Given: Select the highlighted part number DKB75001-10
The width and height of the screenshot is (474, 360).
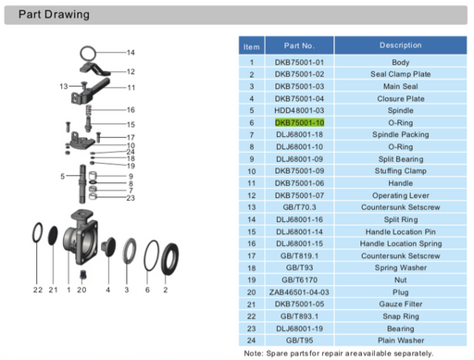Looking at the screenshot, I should click(x=299, y=122).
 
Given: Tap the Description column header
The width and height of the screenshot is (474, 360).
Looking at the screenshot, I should click(x=400, y=45).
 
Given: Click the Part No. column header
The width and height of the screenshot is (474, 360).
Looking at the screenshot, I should click(x=299, y=45).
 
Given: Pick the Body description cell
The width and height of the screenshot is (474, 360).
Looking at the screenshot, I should click(x=400, y=62).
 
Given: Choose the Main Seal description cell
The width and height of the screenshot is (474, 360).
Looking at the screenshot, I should click(x=400, y=86).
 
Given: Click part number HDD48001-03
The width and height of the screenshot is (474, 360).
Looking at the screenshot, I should click(x=299, y=110).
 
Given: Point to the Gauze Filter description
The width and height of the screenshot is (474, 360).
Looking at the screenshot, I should click(x=400, y=303).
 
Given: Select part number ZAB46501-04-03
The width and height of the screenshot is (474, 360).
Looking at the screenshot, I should click(x=299, y=291).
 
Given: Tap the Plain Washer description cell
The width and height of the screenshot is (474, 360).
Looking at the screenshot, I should click(x=400, y=339).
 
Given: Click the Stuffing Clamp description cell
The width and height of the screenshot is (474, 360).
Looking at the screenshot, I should click(x=400, y=170).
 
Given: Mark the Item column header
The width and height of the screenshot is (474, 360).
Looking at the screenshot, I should click(x=251, y=45).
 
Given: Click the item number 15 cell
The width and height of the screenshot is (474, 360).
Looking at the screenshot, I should click(x=251, y=230).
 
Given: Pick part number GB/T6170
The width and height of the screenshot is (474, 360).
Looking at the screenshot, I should click(x=299, y=279).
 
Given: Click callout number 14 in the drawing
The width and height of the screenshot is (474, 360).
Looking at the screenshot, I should click(x=131, y=52).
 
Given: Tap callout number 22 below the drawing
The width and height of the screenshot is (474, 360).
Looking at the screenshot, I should click(x=38, y=291).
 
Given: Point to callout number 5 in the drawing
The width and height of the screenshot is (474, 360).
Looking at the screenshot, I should click(x=62, y=176).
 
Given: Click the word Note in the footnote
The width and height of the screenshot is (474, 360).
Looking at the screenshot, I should click(x=254, y=353).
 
